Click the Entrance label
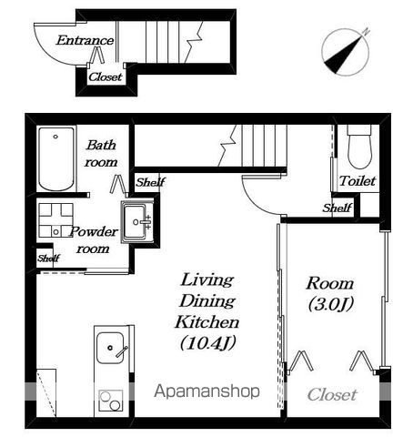[x=85, y=40]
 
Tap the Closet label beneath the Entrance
[x=106, y=76]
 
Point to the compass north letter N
[x=367, y=31]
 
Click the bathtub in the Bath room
[x=56, y=159]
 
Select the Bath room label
[x=101, y=154]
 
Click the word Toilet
[x=358, y=181]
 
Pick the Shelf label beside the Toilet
[x=337, y=208]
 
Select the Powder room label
[x=94, y=240]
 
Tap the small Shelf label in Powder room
[x=48, y=259]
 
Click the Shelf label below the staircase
[x=150, y=182]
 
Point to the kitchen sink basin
[x=110, y=348]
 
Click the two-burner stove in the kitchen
[x=111, y=401]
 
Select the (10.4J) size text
[x=208, y=343]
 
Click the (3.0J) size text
[x=331, y=304]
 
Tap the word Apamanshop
[x=206, y=391]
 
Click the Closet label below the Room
[x=332, y=395]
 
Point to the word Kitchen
[x=207, y=322]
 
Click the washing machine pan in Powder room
[x=56, y=220]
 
